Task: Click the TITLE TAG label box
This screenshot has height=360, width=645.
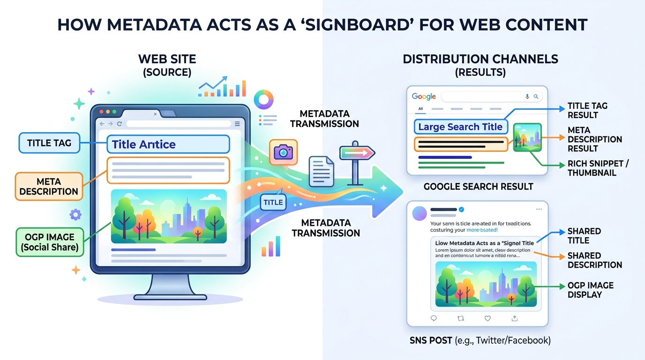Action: [49, 143]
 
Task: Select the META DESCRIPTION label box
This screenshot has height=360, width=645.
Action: [49, 187]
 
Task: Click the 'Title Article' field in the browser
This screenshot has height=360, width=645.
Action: [168, 144]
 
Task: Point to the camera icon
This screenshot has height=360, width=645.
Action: [283, 152]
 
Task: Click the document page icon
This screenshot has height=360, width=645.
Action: [321, 172]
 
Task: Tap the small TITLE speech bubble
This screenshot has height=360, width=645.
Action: [273, 202]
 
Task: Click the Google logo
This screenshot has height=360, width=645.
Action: [424, 97]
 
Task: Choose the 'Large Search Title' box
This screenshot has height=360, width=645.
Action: [460, 127]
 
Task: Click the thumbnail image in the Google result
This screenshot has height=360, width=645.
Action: [527, 137]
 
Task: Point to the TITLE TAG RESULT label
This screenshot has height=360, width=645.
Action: [587, 111]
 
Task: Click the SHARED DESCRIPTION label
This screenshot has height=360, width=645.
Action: [595, 260]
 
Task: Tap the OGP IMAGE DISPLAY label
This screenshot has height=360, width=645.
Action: [590, 290]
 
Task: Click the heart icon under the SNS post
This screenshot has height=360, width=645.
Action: [487, 318]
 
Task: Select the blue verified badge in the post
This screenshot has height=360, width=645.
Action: [461, 209]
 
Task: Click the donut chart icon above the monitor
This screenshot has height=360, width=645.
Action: [263, 100]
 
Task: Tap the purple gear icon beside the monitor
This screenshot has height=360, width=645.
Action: [75, 215]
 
